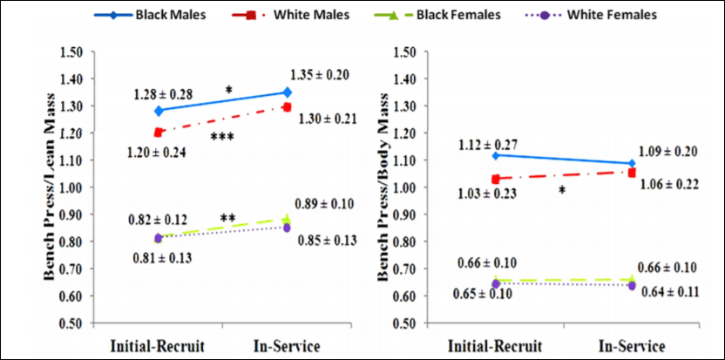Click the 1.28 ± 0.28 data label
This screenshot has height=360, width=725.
point(163,93)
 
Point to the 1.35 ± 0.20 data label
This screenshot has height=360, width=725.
point(319,75)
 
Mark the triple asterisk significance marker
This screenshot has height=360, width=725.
point(222,137)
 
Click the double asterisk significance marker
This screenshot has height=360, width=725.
point(229,218)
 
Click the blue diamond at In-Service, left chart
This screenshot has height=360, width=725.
point(288,92)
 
